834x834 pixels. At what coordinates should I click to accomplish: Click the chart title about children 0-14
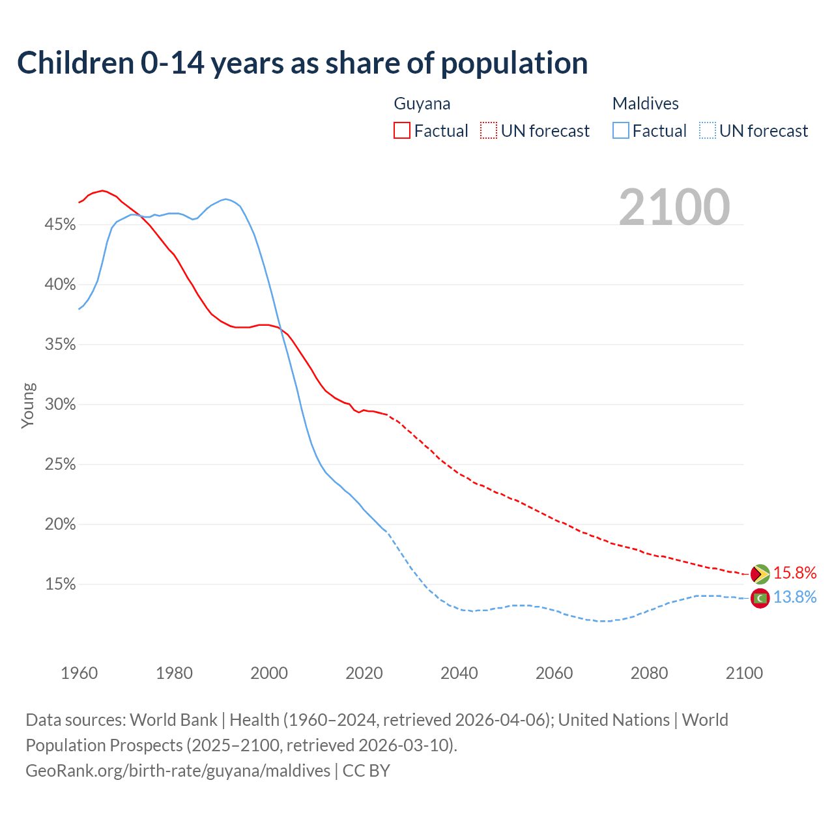(302, 63)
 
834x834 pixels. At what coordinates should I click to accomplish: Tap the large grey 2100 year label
(674, 207)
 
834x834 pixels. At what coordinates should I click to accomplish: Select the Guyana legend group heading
(422, 104)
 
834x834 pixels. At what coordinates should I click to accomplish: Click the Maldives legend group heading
(645, 104)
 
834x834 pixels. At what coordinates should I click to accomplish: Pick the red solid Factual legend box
(402, 131)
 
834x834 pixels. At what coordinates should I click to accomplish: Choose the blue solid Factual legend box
(621, 131)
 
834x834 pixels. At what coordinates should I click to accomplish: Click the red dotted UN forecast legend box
(489, 131)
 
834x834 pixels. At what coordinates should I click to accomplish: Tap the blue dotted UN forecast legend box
(708, 131)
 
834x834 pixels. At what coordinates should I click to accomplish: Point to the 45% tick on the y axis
(60, 225)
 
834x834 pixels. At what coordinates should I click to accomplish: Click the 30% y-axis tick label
(60, 405)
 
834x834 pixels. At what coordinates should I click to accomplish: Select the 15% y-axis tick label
(60, 584)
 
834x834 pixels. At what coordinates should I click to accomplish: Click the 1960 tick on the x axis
(79, 673)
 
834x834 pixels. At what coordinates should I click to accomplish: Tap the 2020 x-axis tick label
(364, 673)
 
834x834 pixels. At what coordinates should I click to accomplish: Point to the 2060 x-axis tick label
(554, 673)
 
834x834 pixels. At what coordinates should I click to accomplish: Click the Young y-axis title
(28, 405)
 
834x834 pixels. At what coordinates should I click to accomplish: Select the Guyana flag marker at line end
(760, 574)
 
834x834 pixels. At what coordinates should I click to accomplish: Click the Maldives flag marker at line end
(760, 597)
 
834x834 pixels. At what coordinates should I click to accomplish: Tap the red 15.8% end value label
(795, 573)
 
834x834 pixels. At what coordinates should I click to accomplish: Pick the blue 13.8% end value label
(795, 597)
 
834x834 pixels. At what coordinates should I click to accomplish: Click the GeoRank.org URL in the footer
(178, 771)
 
